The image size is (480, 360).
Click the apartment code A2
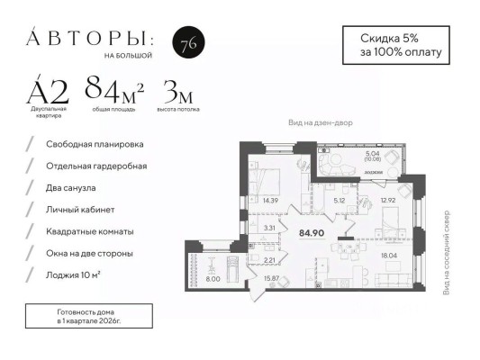[49, 89]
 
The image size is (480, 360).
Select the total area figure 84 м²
[115, 88]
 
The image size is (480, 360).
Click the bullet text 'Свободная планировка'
[95, 144]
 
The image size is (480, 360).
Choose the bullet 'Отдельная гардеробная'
[96, 166]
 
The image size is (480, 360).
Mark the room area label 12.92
[390, 201]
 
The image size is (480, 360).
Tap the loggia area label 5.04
[372, 154]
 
